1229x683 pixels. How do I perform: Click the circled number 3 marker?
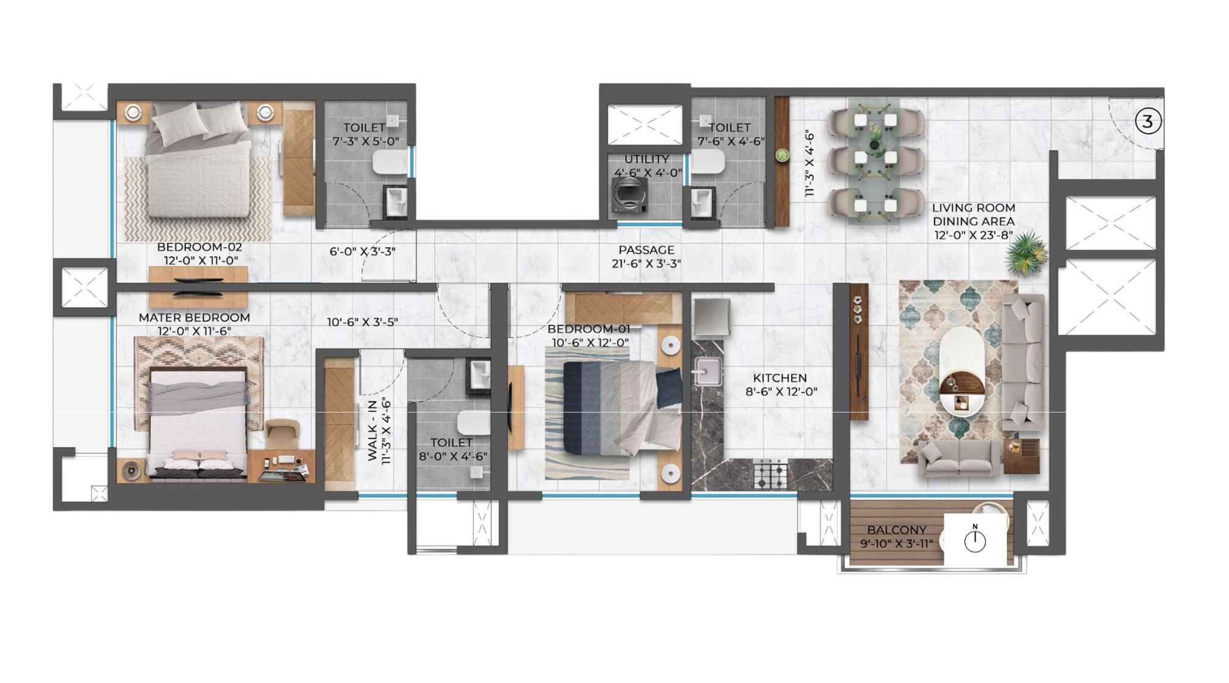pyautogui.click(x=1148, y=121)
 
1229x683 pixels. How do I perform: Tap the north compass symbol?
pyautogui.click(x=975, y=540)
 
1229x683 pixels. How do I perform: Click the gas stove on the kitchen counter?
pyautogui.click(x=771, y=475)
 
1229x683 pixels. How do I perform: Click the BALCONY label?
pyautogui.click(x=897, y=529)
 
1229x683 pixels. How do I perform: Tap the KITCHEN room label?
pyautogui.click(x=780, y=378)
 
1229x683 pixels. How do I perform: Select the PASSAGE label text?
pyautogui.click(x=646, y=250)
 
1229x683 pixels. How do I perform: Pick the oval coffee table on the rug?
pyautogui.click(x=963, y=371)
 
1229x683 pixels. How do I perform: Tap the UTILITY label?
pyautogui.click(x=646, y=159)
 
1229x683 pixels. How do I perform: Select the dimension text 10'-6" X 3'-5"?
pyautogui.click(x=362, y=322)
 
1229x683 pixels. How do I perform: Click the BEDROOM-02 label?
pyautogui.click(x=200, y=247)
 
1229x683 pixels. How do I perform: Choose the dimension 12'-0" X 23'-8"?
pyautogui.click(x=973, y=235)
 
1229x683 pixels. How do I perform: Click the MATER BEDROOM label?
pyautogui.click(x=194, y=318)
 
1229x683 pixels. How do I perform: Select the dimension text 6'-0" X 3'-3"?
pyautogui.click(x=362, y=252)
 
